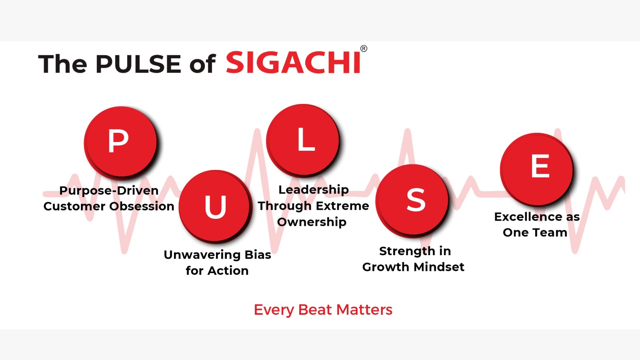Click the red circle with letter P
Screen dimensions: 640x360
(x=120, y=142)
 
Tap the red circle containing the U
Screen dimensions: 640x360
(x=215, y=206)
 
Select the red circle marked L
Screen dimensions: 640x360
(x=302, y=140)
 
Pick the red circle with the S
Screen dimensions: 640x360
(x=412, y=200)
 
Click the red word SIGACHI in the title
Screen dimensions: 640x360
(x=293, y=62)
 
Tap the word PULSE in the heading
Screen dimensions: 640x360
(x=138, y=64)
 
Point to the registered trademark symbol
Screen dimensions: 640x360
(x=364, y=48)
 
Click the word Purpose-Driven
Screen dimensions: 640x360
(x=109, y=190)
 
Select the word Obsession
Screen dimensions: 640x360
(x=142, y=206)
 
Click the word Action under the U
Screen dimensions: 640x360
(x=228, y=270)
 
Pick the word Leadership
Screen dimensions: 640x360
(x=314, y=190)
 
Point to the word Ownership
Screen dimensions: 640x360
(x=312, y=222)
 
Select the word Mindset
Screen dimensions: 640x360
(x=439, y=267)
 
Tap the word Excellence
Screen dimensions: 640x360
(x=528, y=217)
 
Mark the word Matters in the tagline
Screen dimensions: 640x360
(x=364, y=310)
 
